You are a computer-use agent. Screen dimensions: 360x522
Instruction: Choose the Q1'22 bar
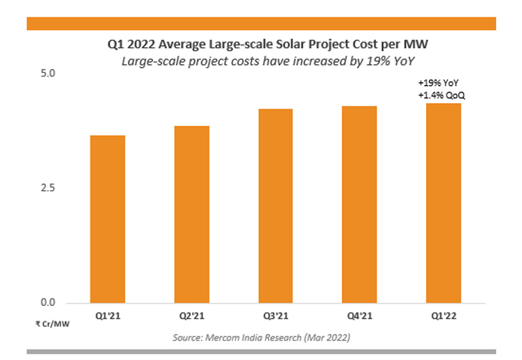click(x=443, y=203)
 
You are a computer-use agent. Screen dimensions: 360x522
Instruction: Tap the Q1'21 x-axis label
click(x=106, y=315)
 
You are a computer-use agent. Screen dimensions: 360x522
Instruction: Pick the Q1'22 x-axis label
click(x=443, y=315)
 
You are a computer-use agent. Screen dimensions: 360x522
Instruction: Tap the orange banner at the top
click(x=261, y=24)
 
